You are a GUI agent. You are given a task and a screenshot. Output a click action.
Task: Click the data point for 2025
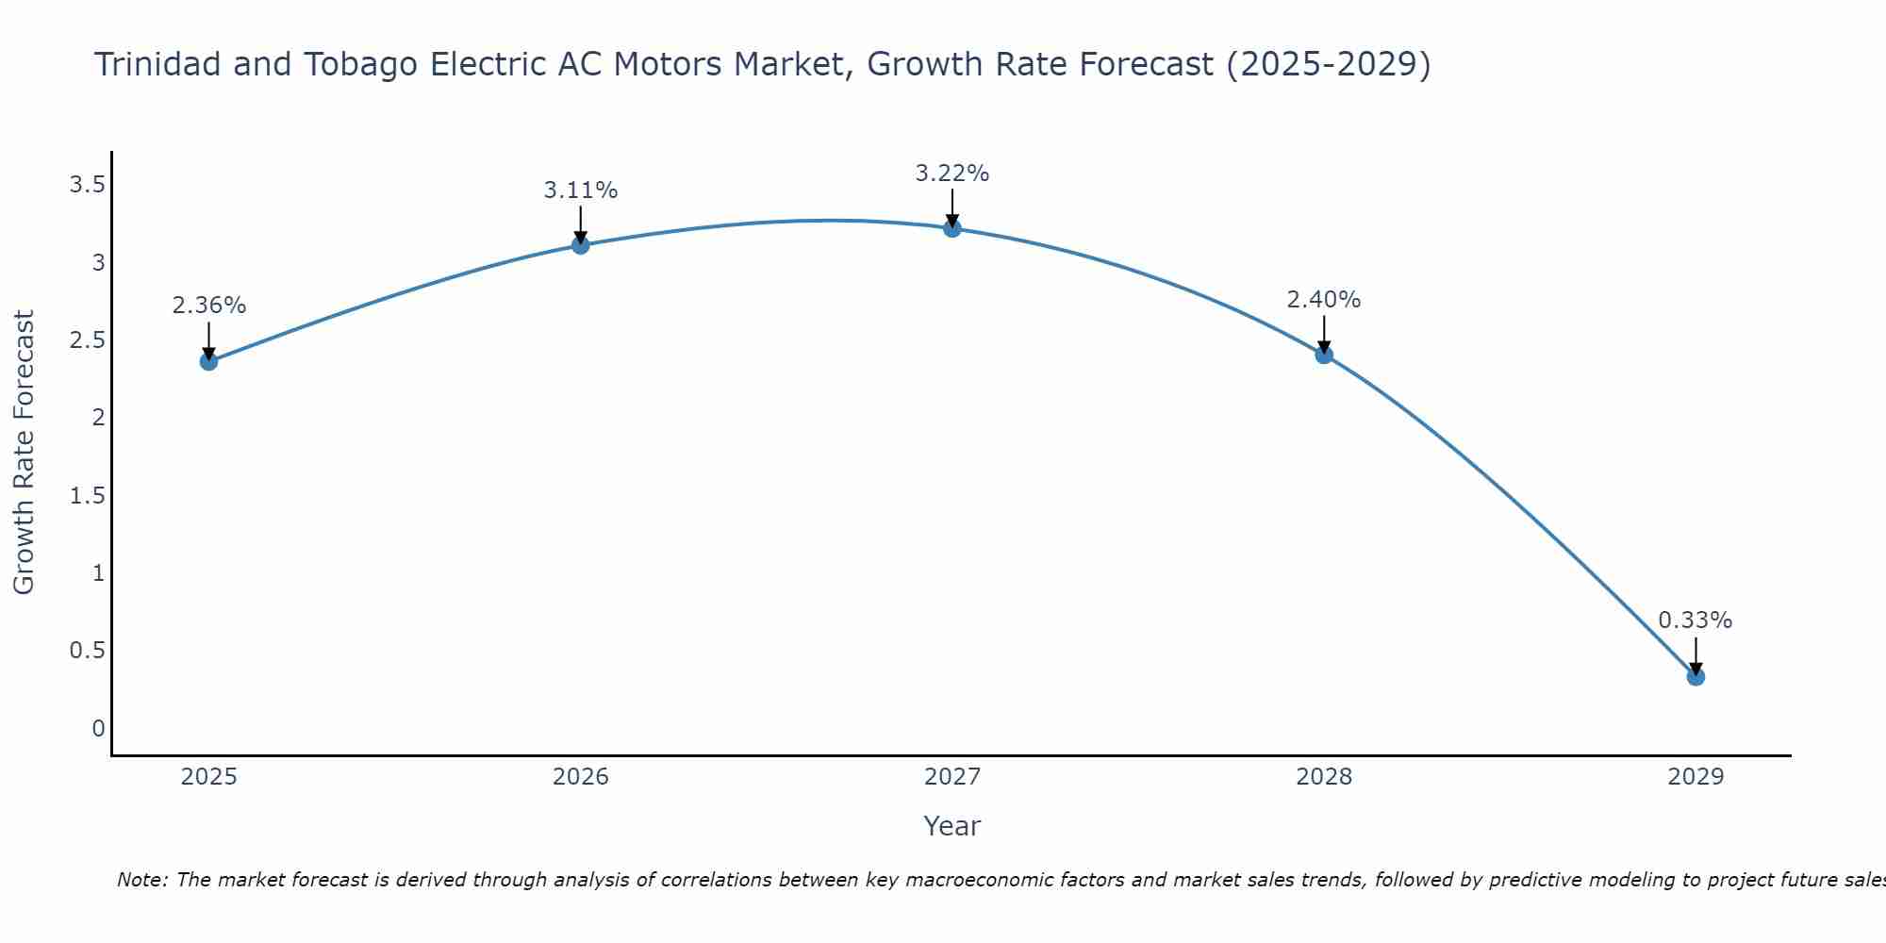(x=208, y=361)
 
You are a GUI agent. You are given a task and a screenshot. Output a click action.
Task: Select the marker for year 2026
(x=581, y=245)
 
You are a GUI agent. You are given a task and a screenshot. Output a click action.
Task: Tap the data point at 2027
(x=952, y=228)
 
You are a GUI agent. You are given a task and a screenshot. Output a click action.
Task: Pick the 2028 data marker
(x=1324, y=355)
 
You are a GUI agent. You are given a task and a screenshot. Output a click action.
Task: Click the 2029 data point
(x=1696, y=676)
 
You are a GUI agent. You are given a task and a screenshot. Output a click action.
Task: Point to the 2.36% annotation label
(x=208, y=306)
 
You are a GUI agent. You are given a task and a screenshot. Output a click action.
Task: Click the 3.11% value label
(x=581, y=190)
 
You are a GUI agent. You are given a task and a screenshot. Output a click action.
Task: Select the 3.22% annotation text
(x=952, y=174)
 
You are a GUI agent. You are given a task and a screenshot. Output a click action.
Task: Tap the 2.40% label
(x=1324, y=300)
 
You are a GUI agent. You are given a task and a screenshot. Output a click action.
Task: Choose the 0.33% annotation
(x=1696, y=620)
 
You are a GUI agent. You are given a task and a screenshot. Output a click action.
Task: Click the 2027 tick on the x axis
(x=952, y=777)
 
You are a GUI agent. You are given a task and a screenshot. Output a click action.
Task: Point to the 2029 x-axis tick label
(x=1696, y=777)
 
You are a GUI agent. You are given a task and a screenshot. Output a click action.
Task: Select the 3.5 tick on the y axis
(x=87, y=185)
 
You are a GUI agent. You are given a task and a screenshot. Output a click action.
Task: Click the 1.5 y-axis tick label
(x=87, y=496)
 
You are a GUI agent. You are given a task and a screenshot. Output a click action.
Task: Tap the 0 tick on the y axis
(x=98, y=729)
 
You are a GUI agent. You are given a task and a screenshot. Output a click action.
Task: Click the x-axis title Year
(x=952, y=826)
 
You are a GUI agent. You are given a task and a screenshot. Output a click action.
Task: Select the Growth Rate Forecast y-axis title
(x=24, y=453)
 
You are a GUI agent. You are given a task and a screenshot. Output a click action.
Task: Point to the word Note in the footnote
(x=141, y=880)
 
